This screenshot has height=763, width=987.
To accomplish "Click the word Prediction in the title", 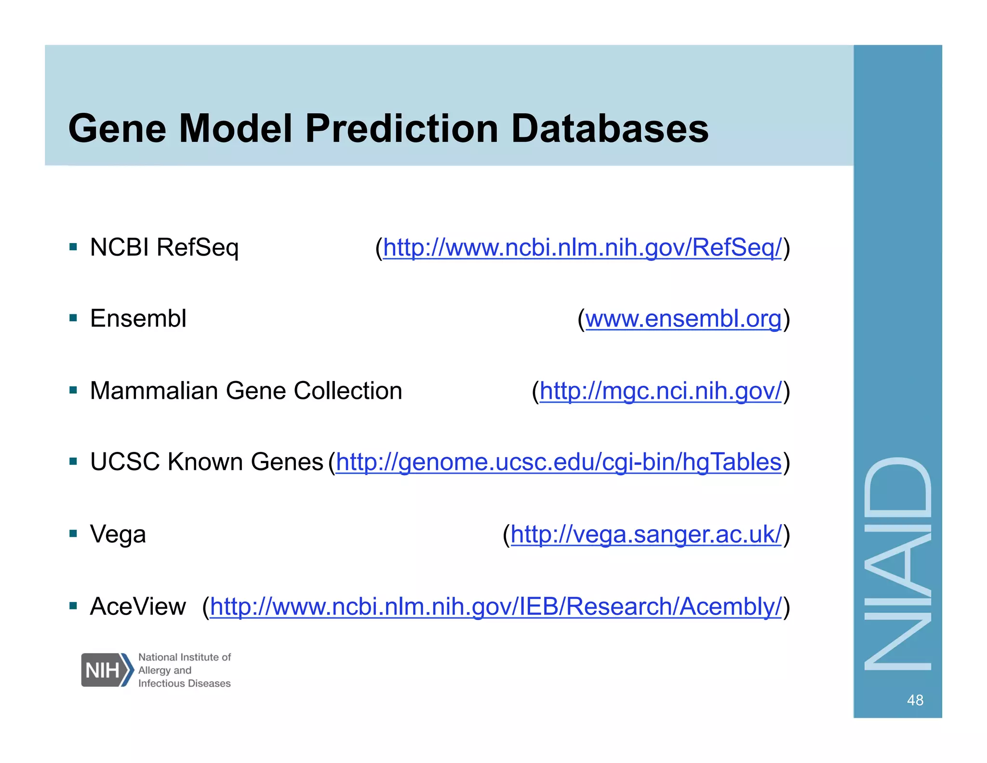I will tap(401, 129).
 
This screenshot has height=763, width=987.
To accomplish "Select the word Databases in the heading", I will tap(610, 129).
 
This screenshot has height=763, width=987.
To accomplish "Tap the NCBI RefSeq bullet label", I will tap(164, 248).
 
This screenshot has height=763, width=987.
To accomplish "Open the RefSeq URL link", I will tap(582, 248).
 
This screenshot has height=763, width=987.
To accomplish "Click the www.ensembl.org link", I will tap(683, 319).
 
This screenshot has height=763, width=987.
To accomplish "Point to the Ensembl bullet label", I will tap(138, 319).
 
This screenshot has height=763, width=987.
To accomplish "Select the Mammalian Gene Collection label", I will tap(246, 391).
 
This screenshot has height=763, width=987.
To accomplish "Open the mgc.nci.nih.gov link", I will tap(660, 391).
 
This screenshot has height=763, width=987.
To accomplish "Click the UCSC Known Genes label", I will tap(206, 462).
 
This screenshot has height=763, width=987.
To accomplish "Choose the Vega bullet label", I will tap(118, 534).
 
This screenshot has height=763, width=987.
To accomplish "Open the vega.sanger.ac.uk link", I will tap(646, 534).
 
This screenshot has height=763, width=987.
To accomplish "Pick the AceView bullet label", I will tap(138, 606).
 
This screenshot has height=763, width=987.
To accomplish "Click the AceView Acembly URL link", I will tap(496, 607).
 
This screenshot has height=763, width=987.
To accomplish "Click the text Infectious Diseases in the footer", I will tap(185, 683).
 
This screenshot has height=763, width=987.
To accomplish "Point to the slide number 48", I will tap(915, 700).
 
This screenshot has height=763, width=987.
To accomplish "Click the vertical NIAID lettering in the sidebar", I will tap(898, 563).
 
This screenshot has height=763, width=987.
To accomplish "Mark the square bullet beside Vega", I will tap(73, 533).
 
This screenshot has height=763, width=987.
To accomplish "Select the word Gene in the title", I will tap(118, 129).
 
